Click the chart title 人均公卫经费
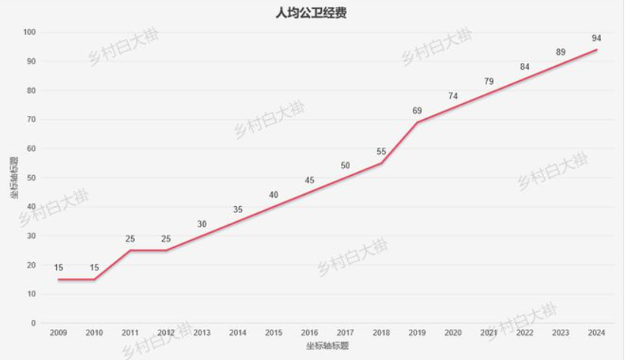(x=311, y=13)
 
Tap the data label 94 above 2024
(x=596, y=38)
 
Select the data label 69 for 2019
(x=417, y=111)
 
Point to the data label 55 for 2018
(x=381, y=151)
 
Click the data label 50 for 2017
(x=345, y=165)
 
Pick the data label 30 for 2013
(x=202, y=224)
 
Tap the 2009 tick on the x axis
(x=58, y=332)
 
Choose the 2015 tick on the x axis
(x=273, y=332)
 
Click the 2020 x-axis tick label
(x=453, y=332)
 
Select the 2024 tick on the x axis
(x=596, y=332)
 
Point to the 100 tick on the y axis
(x=30, y=33)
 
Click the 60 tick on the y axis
(x=31, y=149)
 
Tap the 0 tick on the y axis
(x=33, y=323)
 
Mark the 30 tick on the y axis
(x=31, y=236)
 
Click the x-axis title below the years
(x=327, y=345)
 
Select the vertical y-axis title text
(x=14, y=178)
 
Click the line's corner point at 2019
(x=417, y=123)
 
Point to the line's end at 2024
(x=596, y=50)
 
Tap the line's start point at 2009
(x=58, y=279)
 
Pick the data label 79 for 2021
(x=489, y=81)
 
